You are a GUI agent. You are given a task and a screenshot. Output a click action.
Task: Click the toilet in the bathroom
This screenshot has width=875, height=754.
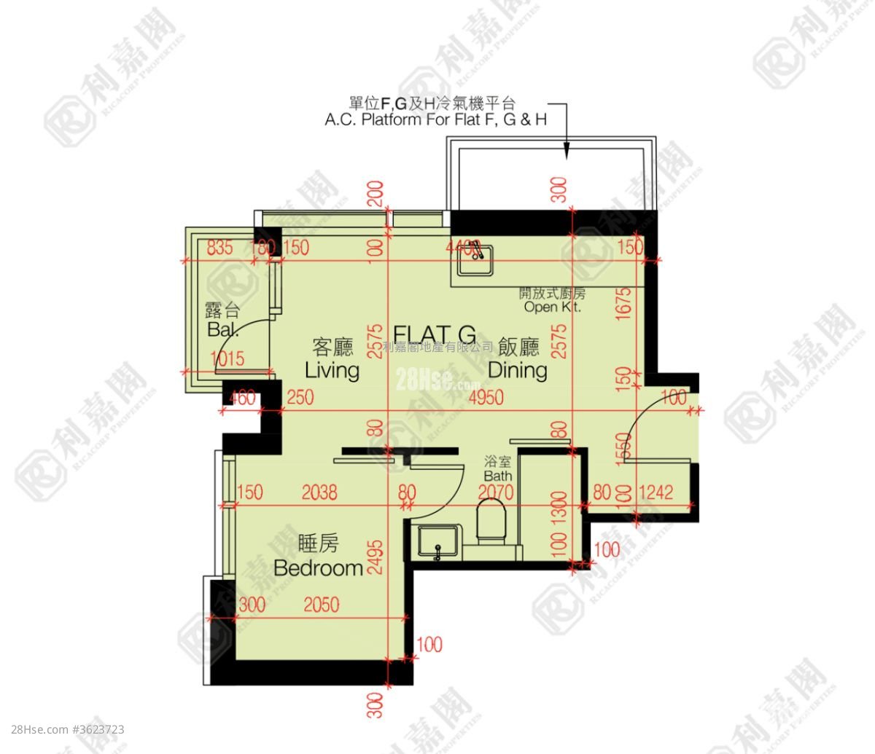pos(493,520)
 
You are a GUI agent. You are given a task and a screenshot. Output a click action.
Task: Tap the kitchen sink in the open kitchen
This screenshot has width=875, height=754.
pos(475,261)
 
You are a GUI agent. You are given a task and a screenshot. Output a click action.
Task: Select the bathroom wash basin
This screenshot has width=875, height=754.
pos(437,543)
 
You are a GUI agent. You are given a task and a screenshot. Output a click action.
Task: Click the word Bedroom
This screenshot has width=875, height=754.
pos(318,568)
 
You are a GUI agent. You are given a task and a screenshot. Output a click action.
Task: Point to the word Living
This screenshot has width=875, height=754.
pos(332,370)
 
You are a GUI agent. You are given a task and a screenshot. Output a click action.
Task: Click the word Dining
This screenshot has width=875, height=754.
pos(518,370)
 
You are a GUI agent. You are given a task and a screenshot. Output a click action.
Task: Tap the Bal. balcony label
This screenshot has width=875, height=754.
pos(222,329)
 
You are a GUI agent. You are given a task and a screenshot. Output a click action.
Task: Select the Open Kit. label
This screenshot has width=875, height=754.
pos(551,307)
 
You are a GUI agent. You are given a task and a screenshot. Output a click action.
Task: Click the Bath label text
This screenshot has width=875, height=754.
pos(499,476)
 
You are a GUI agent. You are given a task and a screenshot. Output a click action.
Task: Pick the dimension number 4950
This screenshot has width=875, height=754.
pos(486,398)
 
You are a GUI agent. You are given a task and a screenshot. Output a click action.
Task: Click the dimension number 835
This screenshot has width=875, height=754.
pos(219,248)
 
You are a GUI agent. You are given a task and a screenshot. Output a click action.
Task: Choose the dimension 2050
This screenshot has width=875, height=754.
pos(322,605)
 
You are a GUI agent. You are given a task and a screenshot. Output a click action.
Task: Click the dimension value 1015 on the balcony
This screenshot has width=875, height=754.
pos(227,358)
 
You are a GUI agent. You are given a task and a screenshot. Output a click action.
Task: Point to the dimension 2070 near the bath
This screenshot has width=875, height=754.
pos(497,493)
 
